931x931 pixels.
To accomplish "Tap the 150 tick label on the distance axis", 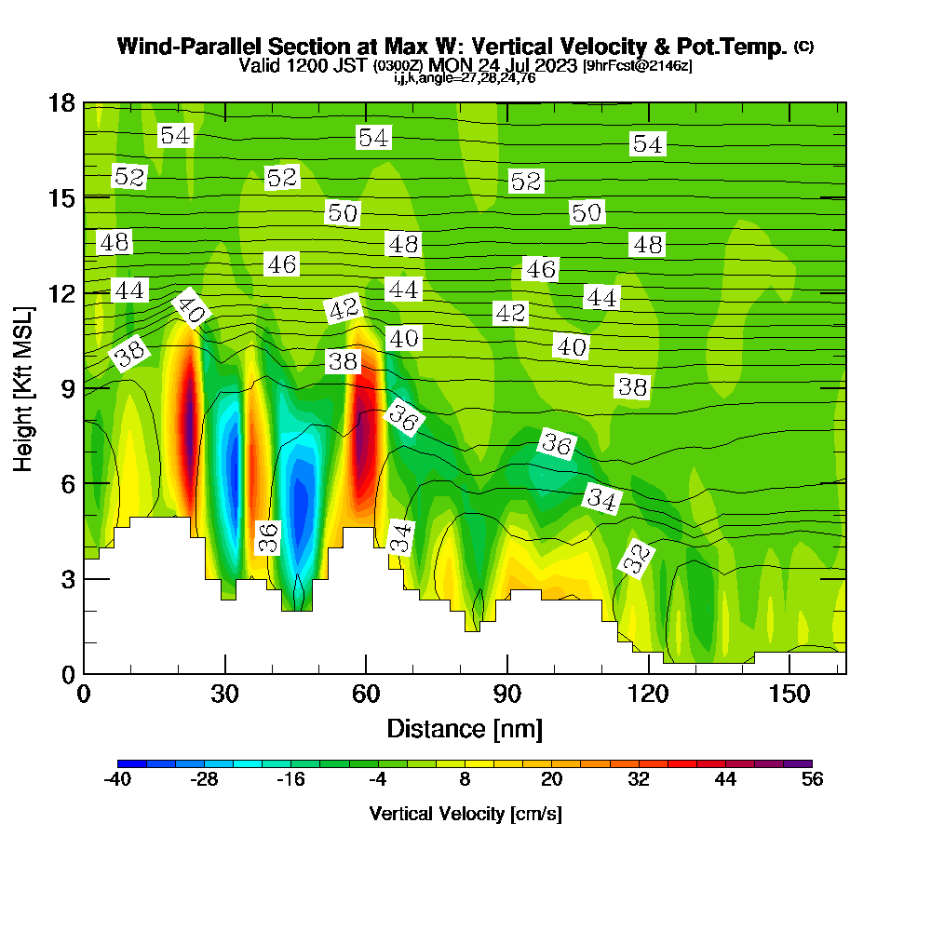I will tap(789, 695).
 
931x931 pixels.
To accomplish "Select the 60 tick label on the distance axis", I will tap(366, 695).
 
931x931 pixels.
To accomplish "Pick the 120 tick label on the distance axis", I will tap(648, 695).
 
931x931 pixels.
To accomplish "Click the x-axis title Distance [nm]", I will tap(465, 727).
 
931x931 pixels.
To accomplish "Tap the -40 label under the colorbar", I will tap(117, 780).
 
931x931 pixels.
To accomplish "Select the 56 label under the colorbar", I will tap(813, 780).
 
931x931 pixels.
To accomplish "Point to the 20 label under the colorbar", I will tap(552, 780).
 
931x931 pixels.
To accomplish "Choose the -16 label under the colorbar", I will tap(291, 780).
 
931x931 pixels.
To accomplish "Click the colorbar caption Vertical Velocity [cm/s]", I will tap(465, 813).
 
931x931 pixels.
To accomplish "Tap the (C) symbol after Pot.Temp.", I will tap(803, 46).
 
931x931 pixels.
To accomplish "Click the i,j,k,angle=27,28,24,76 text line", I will tap(465, 77).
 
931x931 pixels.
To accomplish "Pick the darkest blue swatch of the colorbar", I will tap(132, 763).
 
